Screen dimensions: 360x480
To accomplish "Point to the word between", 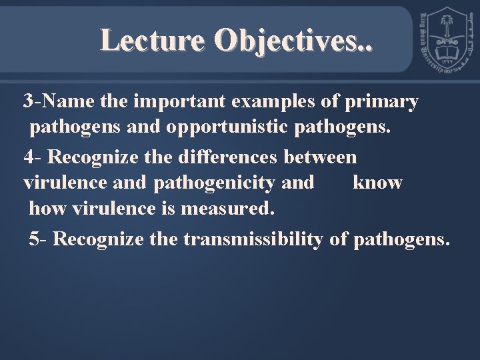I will tap(321, 157).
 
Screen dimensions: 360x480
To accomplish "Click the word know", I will tap(377, 183).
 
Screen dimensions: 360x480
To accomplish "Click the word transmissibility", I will tap(252, 239).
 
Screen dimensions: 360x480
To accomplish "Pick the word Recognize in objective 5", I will tap(98, 239).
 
